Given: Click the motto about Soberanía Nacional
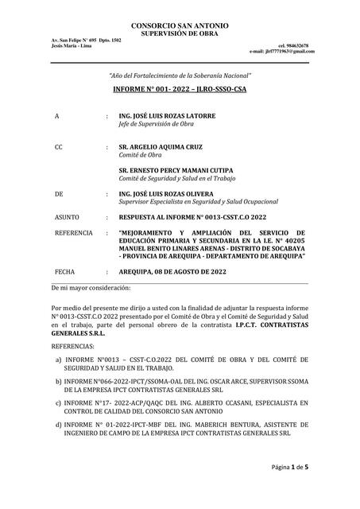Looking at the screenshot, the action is (180, 74).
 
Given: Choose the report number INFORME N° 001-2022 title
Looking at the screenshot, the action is (180, 90).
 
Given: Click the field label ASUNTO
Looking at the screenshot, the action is (66, 216).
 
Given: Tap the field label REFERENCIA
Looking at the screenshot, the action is (73, 233).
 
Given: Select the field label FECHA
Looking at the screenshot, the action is (63, 270).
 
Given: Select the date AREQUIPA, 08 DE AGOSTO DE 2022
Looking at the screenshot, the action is (183, 270).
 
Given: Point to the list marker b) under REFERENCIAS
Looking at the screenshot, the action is (60, 383).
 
